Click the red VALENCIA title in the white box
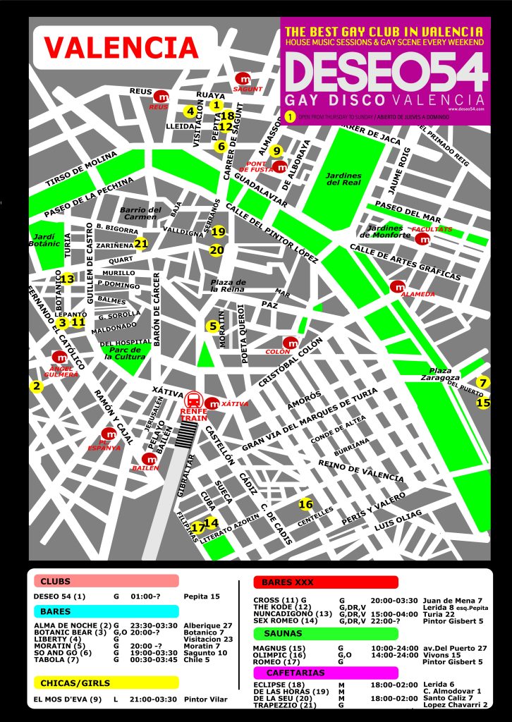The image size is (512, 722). (121, 47)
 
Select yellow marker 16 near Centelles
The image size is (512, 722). (305, 504)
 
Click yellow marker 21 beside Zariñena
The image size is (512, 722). (141, 244)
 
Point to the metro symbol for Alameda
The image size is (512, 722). (398, 287)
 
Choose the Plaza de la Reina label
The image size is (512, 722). (228, 285)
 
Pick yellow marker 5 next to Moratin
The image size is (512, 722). (212, 326)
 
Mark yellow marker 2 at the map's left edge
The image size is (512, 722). (36, 386)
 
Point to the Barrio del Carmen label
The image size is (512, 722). (140, 213)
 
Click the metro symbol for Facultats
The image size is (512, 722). (423, 239)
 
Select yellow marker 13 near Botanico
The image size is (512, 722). (67, 279)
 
